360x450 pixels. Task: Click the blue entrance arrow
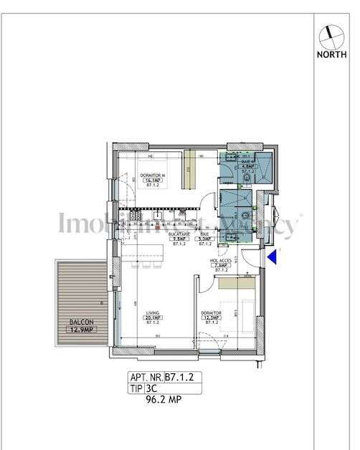(x=272, y=258)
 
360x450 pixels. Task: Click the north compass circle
(x=330, y=33)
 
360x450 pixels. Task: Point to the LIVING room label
(x=152, y=313)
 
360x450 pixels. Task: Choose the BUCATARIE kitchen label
(x=178, y=234)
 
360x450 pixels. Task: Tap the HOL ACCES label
(x=220, y=261)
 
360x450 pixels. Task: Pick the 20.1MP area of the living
(x=152, y=318)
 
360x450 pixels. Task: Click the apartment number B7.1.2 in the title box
(x=180, y=376)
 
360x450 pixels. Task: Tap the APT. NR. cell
(x=146, y=376)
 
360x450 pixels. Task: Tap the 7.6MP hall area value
(x=220, y=266)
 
